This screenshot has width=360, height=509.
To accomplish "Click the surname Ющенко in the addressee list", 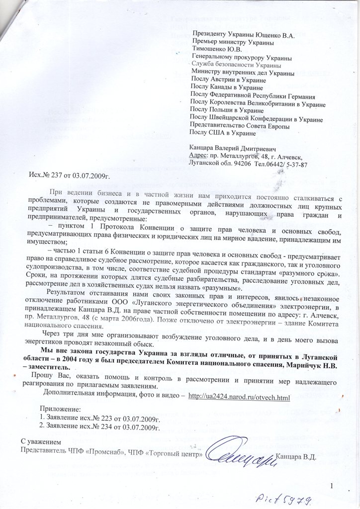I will tap(271, 36).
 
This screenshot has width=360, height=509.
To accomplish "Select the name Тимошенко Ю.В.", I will tap(215, 50).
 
